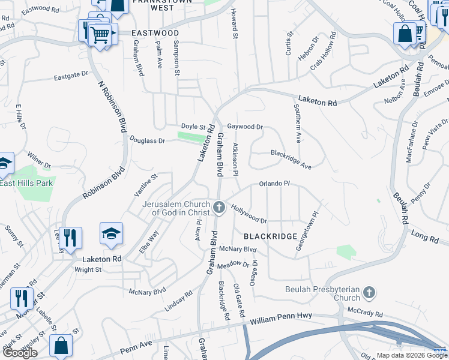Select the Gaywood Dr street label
pyautogui.click(x=245, y=127)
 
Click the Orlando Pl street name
pyautogui.click(x=274, y=184)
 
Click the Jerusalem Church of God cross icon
pyautogui.click(x=219, y=208)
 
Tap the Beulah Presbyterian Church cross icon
pyautogui.click(x=369, y=293)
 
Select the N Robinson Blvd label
pyautogui.click(x=112, y=107)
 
